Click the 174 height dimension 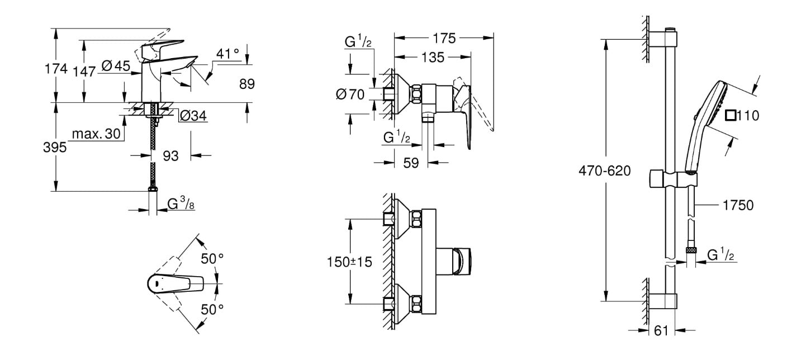pos(55,69)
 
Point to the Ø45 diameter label pos(116,67)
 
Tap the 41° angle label pos(227,54)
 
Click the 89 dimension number pos(246,84)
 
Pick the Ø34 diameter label pos(193,116)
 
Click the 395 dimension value pos(55,148)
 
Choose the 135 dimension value pos(433,57)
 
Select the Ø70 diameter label pos(350,94)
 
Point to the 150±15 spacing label pos(349,261)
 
